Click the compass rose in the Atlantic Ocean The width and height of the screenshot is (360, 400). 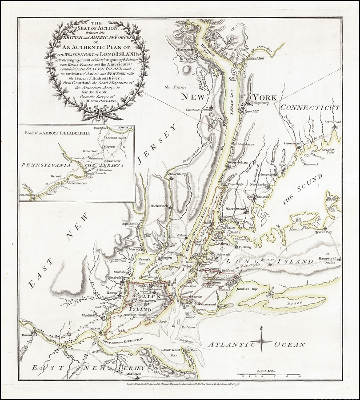pos(261,341)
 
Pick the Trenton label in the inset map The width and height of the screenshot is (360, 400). pos(76,158)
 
